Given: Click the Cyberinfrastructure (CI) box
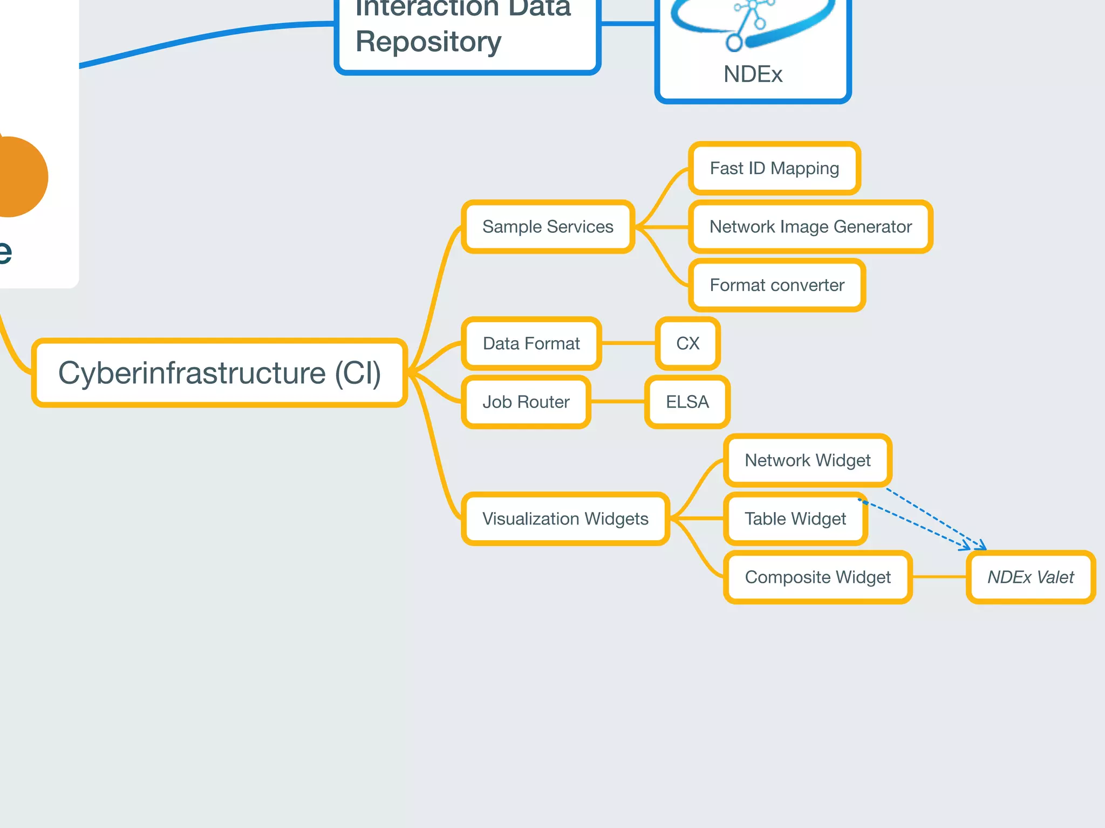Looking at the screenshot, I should (219, 373).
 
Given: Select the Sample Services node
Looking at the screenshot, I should (548, 226).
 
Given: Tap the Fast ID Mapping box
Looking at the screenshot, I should (774, 168).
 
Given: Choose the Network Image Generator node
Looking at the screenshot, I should (810, 226).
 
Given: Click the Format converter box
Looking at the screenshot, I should (776, 285).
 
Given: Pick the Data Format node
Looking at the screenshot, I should (531, 343).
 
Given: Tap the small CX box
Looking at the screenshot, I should (687, 343).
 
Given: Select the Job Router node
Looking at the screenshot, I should (526, 402).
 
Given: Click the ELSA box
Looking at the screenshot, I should (687, 402).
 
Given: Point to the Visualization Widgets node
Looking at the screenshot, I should (565, 519).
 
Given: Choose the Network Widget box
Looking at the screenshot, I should (807, 460).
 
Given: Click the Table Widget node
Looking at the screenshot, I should (795, 519).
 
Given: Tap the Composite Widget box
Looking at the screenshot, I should (817, 577).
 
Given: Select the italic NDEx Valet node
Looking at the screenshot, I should (1030, 577).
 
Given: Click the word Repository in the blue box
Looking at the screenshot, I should (428, 42).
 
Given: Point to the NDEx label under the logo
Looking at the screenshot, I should (753, 74).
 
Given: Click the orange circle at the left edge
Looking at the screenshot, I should (19, 177).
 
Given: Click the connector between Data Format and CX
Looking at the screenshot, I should (629, 343).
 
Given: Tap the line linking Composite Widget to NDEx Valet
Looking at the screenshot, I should (939, 577).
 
